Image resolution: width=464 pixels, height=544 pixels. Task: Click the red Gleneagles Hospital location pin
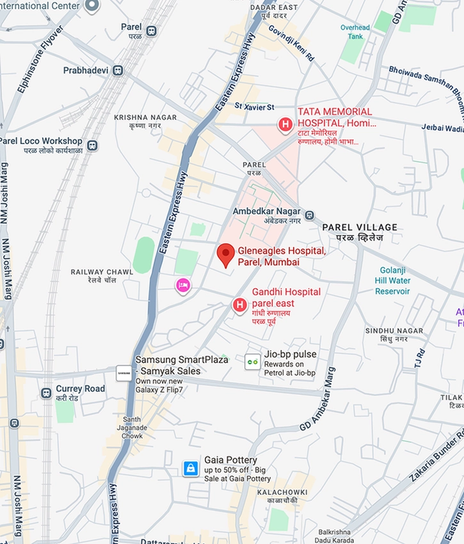(225, 255)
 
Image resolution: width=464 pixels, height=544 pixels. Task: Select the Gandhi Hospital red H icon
(239, 305)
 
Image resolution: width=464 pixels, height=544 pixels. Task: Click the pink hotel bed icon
(183, 285)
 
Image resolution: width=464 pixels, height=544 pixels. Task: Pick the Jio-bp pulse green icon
(253, 362)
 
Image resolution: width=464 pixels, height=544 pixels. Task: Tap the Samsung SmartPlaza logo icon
(124, 371)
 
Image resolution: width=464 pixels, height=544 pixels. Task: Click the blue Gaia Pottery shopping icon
(190, 468)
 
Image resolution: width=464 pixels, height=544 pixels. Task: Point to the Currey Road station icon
(46, 393)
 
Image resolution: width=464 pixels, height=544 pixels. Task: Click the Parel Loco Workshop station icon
(93, 145)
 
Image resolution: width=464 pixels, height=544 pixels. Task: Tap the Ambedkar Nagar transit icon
(309, 215)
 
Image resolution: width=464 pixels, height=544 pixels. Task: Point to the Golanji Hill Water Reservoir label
(392, 280)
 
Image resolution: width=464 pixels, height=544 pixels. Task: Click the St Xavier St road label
(254, 106)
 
